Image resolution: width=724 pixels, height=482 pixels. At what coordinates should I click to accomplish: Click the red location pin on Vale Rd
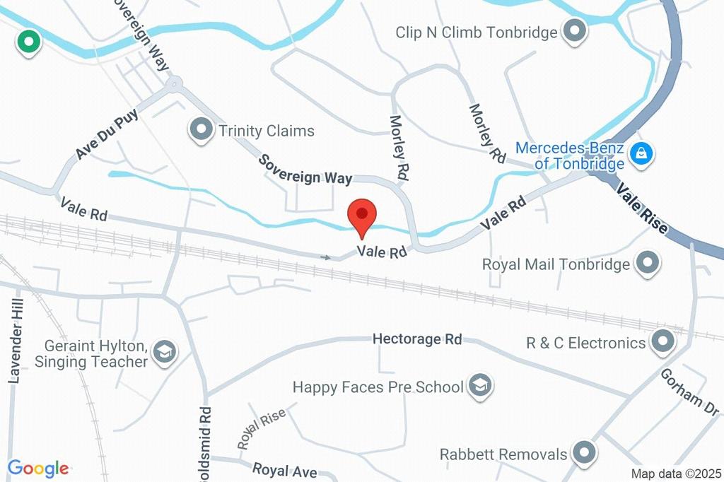363,215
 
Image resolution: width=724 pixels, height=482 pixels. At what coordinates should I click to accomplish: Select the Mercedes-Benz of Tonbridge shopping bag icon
641,152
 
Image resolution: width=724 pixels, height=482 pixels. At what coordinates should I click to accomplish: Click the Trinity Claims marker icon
202,129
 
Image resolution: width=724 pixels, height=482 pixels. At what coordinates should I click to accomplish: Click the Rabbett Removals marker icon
584,452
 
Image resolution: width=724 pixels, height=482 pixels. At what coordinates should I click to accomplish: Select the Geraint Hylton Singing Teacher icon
165,351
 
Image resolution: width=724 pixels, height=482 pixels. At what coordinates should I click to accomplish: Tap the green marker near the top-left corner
29,42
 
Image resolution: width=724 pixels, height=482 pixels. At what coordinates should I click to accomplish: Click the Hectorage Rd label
417,339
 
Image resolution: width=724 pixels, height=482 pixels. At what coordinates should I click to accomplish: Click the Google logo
37,468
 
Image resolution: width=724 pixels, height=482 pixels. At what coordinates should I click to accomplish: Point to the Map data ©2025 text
675,474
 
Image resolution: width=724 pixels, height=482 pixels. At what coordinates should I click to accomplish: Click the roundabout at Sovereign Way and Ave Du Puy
173,86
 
